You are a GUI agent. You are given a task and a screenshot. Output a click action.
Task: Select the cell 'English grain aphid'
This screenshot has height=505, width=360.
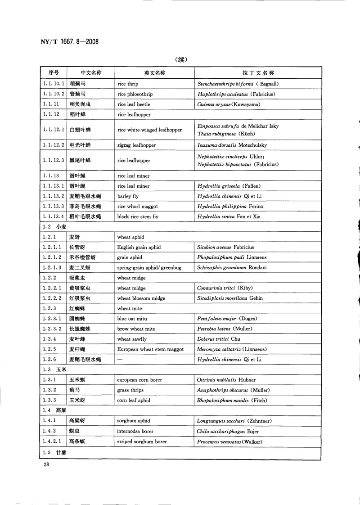point(139,247)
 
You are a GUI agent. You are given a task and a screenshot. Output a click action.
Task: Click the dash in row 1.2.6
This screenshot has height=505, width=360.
point(120,359)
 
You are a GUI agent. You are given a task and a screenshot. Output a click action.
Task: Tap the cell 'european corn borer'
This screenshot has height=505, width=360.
point(139,380)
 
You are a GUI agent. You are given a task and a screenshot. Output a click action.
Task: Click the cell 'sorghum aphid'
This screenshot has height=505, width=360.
point(134,421)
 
